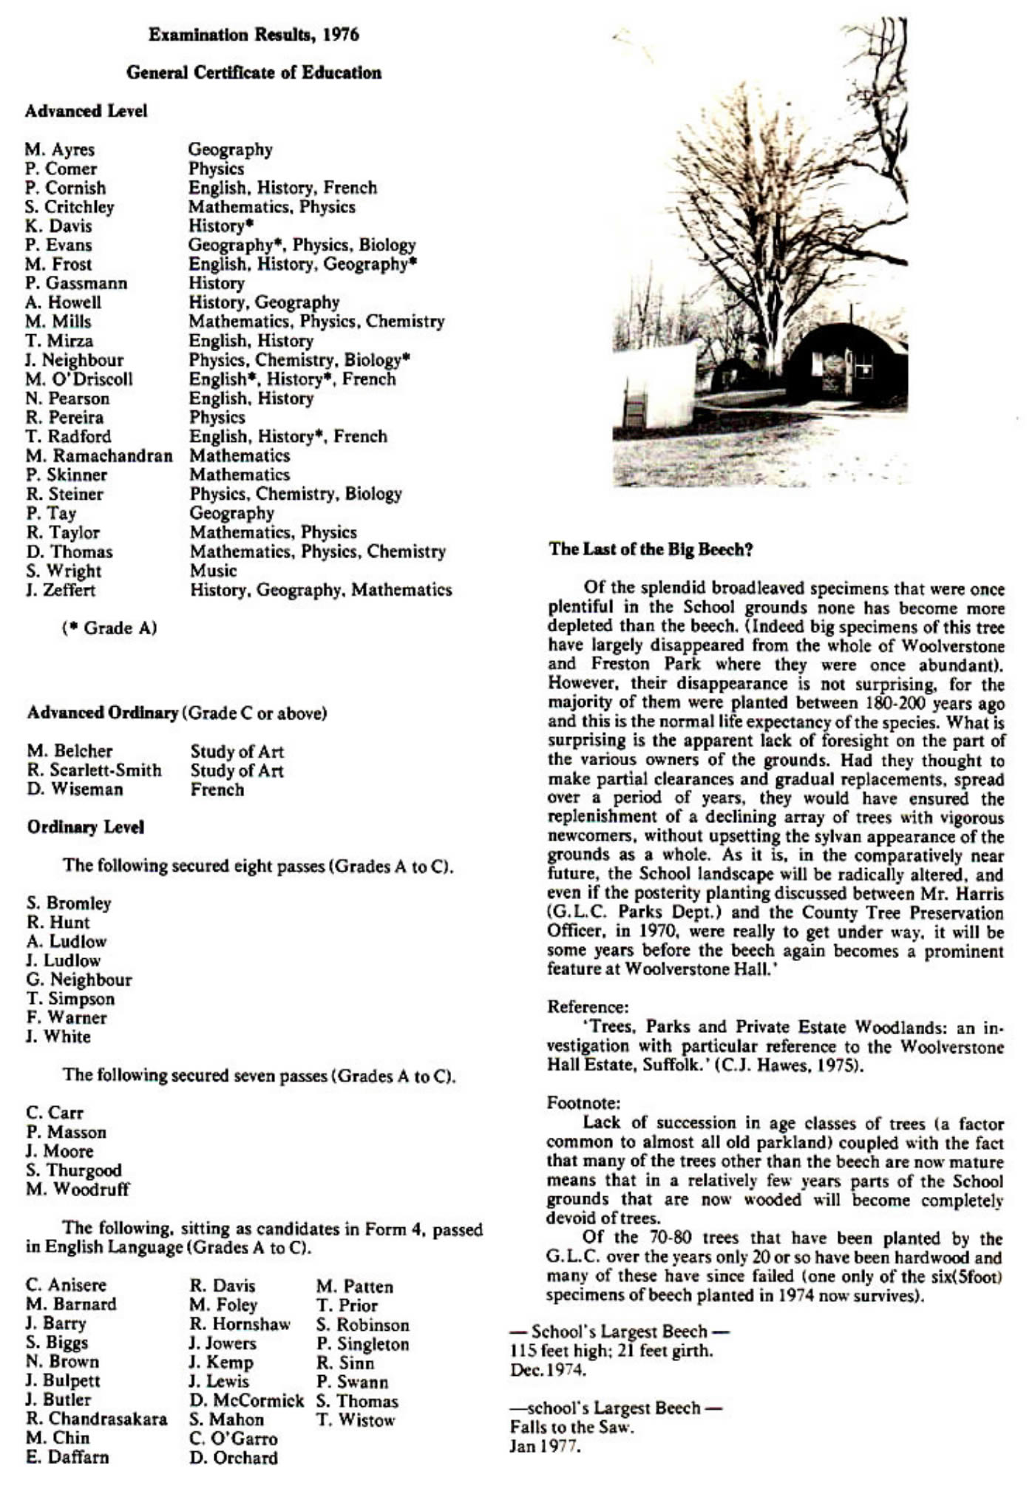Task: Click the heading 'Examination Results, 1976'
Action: click(x=254, y=35)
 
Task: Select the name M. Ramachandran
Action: click(x=98, y=455)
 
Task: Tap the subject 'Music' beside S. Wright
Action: click(x=213, y=571)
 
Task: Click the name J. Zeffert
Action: click(x=61, y=590)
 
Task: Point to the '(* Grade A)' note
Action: click(x=109, y=628)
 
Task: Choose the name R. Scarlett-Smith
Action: click(x=94, y=770)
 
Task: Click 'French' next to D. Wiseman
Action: click(x=217, y=790)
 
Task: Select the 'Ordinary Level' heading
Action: click(x=85, y=827)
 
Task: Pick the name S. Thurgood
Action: click(x=73, y=1170)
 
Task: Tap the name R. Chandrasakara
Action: click(x=96, y=1419)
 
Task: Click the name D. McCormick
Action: click(x=246, y=1400)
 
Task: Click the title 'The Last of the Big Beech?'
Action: click(x=651, y=549)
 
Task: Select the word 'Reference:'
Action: click(x=588, y=1007)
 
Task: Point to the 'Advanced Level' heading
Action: click(x=86, y=111)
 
